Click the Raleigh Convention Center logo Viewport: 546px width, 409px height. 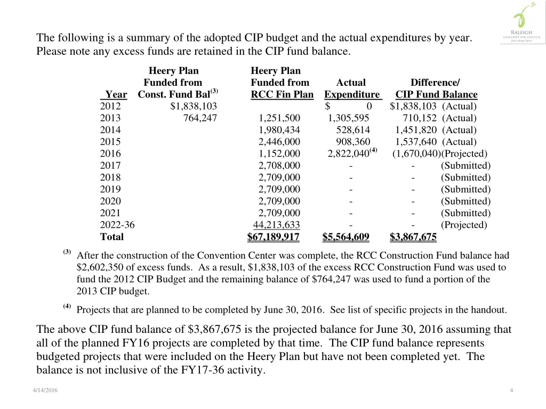(x=522, y=24)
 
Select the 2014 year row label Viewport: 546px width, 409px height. (x=110, y=130)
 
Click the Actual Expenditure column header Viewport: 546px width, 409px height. (x=351, y=88)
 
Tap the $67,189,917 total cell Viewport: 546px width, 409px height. (x=274, y=237)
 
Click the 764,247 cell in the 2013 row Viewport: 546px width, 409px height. (x=200, y=118)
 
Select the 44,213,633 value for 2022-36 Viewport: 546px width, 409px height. (x=276, y=225)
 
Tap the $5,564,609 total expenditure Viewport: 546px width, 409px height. (x=346, y=237)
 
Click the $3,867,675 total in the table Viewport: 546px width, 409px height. (x=413, y=237)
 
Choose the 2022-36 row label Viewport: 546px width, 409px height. (x=117, y=225)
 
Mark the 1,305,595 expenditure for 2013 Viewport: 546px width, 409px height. (x=348, y=118)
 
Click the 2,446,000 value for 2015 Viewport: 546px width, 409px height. (x=279, y=142)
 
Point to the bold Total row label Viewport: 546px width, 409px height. (x=111, y=237)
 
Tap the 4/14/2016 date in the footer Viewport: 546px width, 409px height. (x=44, y=391)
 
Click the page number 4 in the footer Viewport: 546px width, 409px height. (x=511, y=391)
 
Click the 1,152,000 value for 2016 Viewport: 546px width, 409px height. (x=279, y=154)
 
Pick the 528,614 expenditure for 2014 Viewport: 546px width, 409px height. (x=352, y=130)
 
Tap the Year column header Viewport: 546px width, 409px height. (x=116, y=95)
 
